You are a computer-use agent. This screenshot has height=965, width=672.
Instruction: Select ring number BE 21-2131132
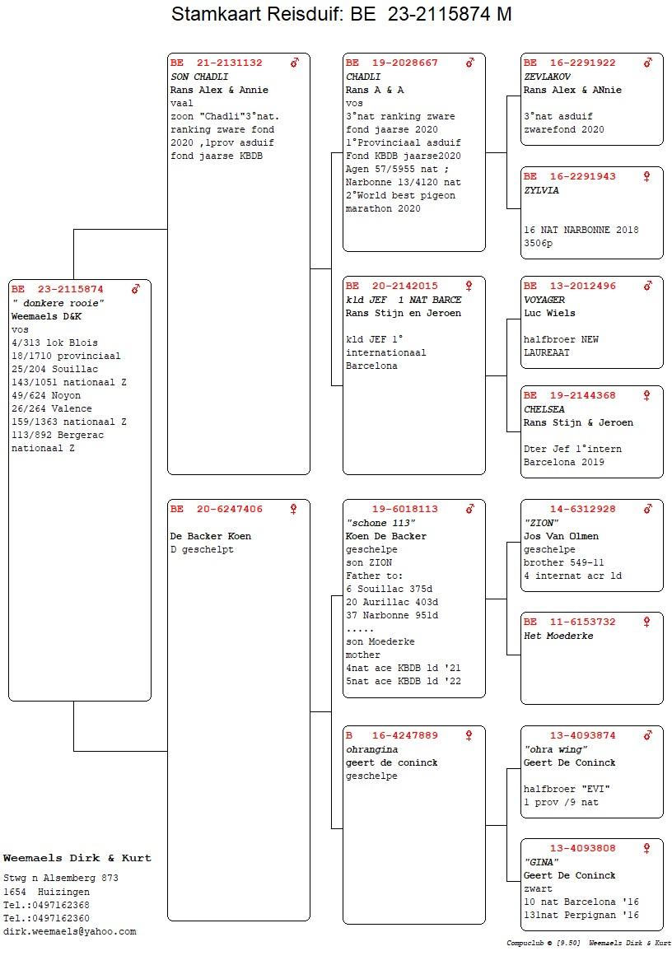click(217, 63)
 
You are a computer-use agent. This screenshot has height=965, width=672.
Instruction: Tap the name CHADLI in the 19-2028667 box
click(363, 77)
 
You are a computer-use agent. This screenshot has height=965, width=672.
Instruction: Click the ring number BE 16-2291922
click(570, 63)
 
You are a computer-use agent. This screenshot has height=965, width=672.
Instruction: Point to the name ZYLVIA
click(542, 190)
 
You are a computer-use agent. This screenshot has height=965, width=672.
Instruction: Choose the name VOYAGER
click(544, 300)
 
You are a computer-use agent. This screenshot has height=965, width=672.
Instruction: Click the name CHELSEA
click(544, 409)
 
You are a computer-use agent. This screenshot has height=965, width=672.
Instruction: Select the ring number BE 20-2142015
click(392, 287)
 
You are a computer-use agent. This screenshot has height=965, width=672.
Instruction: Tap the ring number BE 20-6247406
click(217, 509)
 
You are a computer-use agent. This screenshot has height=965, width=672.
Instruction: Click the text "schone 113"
click(380, 523)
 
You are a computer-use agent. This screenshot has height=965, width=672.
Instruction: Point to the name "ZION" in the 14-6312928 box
click(542, 523)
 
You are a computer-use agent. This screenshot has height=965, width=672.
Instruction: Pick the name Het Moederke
click(559, 636)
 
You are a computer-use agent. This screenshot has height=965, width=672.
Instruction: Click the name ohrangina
click(371, 749)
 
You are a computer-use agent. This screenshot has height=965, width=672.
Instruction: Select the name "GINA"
click(542, 862)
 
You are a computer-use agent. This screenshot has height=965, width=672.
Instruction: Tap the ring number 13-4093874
click(583, 735)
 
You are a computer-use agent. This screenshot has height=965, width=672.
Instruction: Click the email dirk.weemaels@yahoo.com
click(69, 932)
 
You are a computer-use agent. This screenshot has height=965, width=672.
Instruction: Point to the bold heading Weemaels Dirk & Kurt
click(77, 858)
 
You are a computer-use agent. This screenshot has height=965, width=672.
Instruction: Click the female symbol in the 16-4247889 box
click(469, 735)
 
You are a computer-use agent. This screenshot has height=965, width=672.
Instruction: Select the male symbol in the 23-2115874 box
click(135, 289)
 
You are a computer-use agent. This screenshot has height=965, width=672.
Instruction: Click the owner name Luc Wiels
click(549, 313)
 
